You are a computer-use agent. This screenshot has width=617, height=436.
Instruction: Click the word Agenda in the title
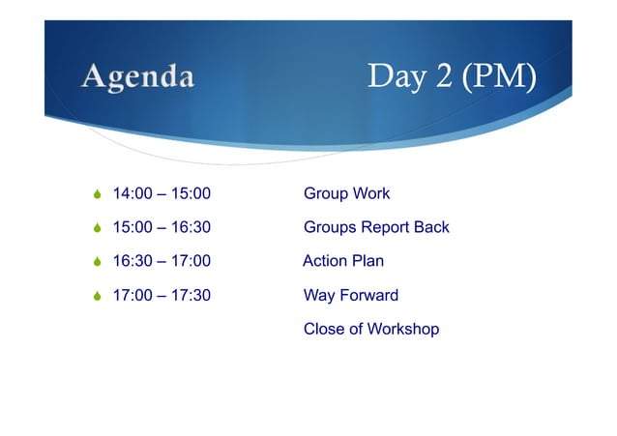[137, 76]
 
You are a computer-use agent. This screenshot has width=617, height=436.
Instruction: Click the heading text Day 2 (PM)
[451, 77]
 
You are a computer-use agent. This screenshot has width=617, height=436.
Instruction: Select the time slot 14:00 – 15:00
[162, 194]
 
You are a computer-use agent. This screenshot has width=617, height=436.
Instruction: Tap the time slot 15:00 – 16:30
[162, 228]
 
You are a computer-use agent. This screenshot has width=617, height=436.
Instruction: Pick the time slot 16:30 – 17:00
[162, 262]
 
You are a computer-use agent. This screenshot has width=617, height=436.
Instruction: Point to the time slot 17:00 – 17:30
[162, 296]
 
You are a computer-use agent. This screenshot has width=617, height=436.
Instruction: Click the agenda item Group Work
[346, 194]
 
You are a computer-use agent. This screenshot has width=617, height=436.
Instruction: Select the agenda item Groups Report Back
[376, 228]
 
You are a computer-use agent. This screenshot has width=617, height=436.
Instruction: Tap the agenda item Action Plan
[343, 262]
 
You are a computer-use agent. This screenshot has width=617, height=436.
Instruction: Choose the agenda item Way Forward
[350, 296]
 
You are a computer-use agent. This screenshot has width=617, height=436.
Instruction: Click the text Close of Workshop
[370, 330]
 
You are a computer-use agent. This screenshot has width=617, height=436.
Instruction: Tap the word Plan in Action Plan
[367, 262]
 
